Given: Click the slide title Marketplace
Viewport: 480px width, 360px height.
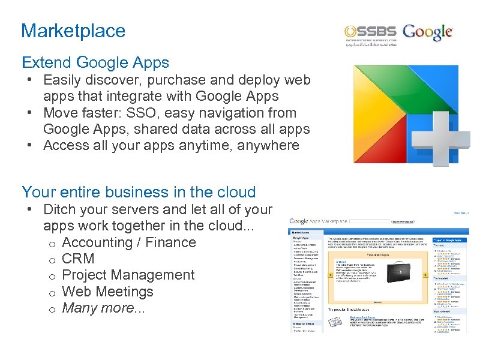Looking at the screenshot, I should pos(73,31).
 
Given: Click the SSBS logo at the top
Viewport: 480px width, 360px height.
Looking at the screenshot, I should pos(370,34).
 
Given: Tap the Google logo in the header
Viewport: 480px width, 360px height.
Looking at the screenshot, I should pos(428,32).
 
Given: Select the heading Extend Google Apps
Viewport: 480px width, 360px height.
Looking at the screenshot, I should pos(95,62).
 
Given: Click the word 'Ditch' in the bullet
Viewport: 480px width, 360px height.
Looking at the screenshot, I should pos(62,210).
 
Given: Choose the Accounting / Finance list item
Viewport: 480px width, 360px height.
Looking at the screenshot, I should pos(128,242).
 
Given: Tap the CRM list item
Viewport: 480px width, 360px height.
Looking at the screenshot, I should pos(79,259).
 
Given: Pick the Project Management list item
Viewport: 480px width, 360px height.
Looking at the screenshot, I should pos(128,275).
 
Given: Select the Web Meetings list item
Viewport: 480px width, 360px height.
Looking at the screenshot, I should pos(107,292).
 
